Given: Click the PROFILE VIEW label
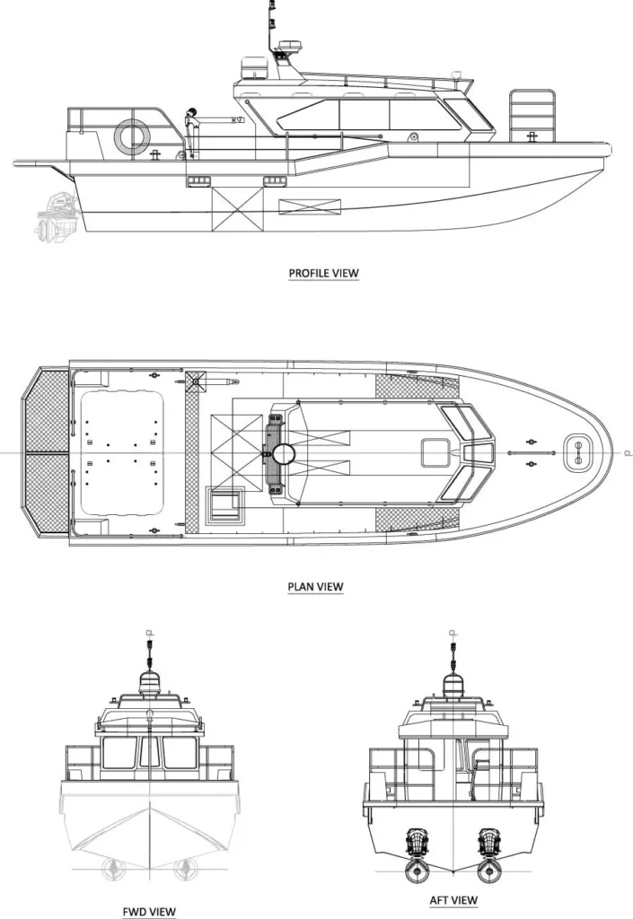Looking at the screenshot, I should [322, 273].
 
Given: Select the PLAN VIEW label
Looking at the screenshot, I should [315, 587].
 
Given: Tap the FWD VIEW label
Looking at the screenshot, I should [149, 911].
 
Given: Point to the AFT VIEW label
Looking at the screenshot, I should [453, 900].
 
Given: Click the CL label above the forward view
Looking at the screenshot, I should [149, 634].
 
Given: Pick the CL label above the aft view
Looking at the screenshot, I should [453, 634].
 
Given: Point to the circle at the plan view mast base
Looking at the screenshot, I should [285, 454].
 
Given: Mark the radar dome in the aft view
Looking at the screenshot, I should [453, 685].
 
